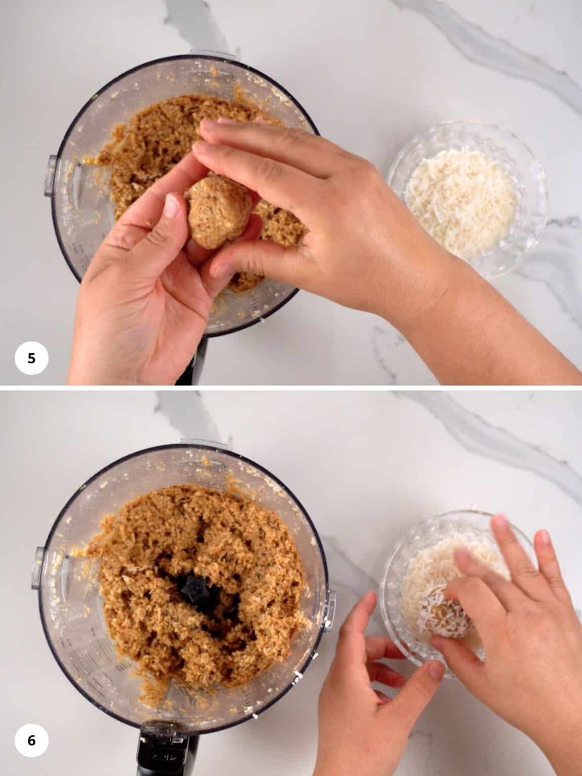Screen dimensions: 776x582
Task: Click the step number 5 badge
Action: click(x=31, y=358)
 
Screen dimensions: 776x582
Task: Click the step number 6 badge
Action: click(x=31, y=741)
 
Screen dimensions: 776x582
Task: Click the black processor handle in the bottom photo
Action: click(x=162, y=748)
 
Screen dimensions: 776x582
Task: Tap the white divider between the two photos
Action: click(x=291, y=388)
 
